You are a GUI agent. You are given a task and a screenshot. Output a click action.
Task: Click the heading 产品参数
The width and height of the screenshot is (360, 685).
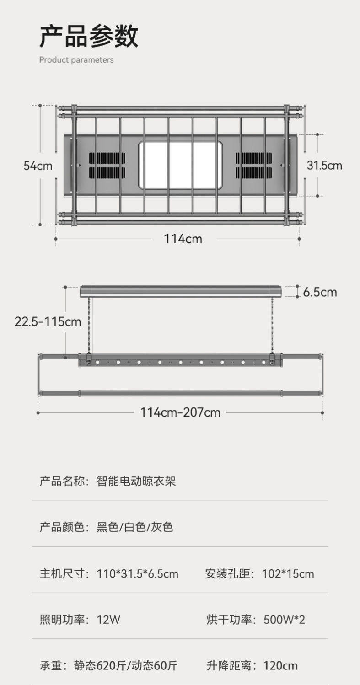click(88, 36)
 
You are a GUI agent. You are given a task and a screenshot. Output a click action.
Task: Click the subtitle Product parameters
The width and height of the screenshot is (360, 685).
click(76, 60)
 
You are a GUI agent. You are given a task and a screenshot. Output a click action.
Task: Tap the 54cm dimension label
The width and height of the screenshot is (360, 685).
click(38, 166)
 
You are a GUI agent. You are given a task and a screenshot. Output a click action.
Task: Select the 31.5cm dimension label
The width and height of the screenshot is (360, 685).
click(324, 165)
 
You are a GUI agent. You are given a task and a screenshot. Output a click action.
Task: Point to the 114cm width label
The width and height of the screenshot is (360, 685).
click(183, 238)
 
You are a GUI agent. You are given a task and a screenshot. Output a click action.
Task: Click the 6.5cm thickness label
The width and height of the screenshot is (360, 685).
click(320, 292)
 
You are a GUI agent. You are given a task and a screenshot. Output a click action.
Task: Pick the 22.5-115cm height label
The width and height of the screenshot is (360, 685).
click(48, 321)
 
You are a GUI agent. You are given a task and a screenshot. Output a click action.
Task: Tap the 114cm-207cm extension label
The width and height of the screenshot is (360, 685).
click(180, 412)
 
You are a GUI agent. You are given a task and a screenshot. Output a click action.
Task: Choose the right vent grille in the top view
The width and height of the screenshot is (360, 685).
click(254, 165)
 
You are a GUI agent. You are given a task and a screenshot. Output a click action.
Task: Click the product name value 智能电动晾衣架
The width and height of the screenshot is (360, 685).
click(136, 481)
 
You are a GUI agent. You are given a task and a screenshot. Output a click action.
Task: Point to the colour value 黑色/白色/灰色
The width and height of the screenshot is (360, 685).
click(135, 527)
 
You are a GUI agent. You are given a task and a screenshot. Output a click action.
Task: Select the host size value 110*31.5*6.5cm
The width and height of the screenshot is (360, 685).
click(138, 573)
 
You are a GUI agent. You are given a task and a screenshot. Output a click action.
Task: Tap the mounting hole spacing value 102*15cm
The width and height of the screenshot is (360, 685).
click(288, 573)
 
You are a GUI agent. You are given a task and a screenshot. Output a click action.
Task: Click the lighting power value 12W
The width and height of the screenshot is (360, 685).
click(109, 620)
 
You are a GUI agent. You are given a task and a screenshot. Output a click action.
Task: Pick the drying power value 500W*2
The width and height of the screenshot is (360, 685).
click(285, 620)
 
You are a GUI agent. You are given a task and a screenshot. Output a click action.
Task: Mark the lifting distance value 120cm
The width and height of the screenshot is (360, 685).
click(280, 665)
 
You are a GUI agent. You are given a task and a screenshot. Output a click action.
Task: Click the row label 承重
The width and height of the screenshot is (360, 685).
click(51, 665)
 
